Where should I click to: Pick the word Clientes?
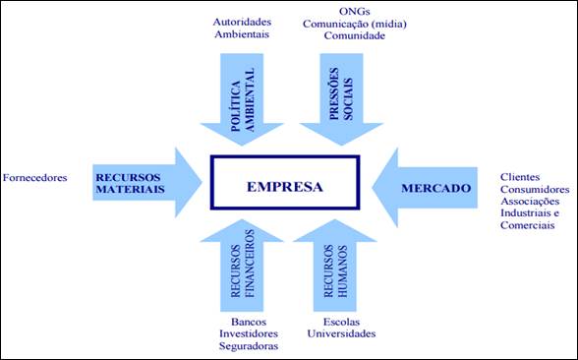[x=520, y=175]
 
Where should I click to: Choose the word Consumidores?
[x=535, y=188]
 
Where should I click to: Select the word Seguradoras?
[x=248, y=346]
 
